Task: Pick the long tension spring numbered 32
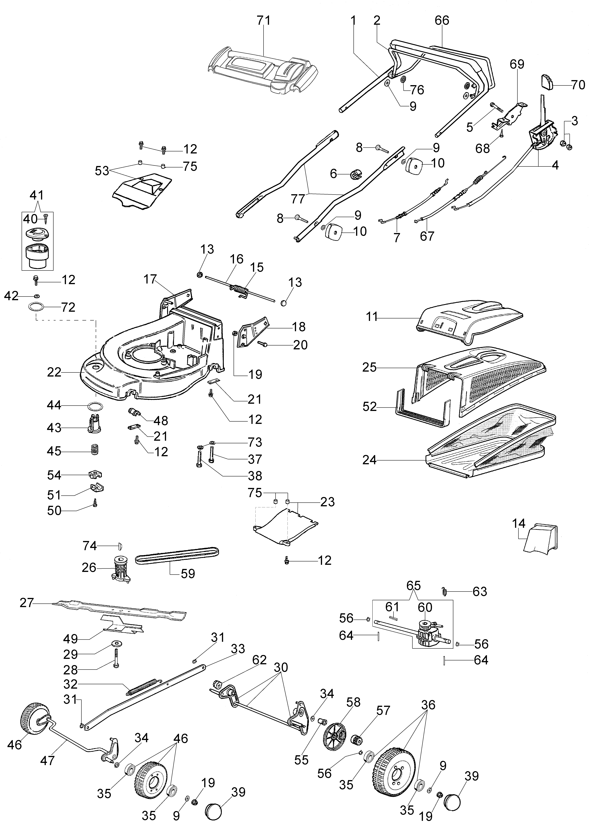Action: [x=141, y=687]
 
